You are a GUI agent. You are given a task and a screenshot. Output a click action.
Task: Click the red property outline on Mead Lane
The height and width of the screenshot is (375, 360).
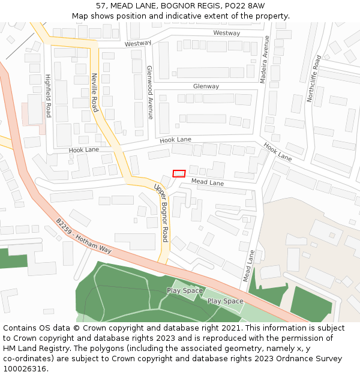[179, 173]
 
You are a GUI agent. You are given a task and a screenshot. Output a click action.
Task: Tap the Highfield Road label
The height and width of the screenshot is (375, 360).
[48, 96]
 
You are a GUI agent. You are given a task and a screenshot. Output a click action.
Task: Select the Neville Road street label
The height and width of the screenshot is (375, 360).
[94, 92]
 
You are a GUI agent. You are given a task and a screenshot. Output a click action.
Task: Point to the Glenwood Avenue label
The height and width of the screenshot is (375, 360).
[150, 92]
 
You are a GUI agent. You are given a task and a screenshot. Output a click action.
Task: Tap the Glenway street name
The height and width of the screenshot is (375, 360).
[206, 86]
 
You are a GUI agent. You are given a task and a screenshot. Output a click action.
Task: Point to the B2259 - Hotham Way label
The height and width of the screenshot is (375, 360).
[84, 236]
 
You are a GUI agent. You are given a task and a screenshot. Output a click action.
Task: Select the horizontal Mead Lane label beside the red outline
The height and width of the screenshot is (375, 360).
[208, 182]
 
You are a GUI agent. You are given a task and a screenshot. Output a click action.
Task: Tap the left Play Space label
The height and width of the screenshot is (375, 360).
[185, 291]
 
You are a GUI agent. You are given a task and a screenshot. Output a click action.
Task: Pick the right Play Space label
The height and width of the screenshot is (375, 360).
[225, 301]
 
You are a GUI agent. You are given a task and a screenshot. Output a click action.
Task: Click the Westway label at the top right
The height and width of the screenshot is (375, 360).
[226, 33]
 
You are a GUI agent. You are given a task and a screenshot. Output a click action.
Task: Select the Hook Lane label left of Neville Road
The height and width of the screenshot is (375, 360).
[84, 149]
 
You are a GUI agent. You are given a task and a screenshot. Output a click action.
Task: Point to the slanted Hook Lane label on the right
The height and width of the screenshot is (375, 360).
[277, 152]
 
